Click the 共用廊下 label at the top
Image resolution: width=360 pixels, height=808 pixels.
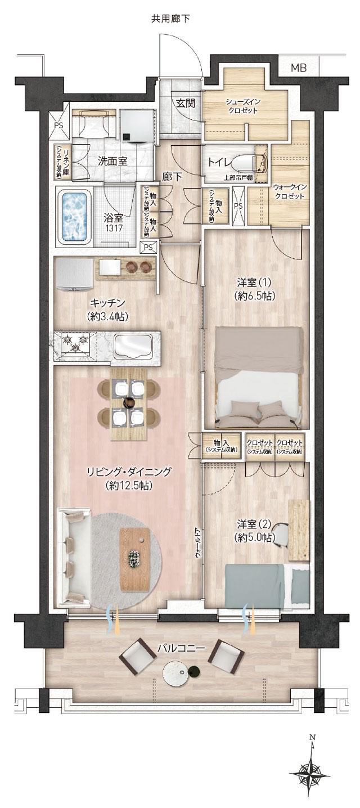point(170,19)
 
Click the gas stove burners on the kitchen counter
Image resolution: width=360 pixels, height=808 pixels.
point(75,341)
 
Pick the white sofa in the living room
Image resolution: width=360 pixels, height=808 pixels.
point(74,555)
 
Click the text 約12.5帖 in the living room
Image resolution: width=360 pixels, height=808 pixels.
point(129,485)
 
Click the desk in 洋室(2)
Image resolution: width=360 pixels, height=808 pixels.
point(299,528)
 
